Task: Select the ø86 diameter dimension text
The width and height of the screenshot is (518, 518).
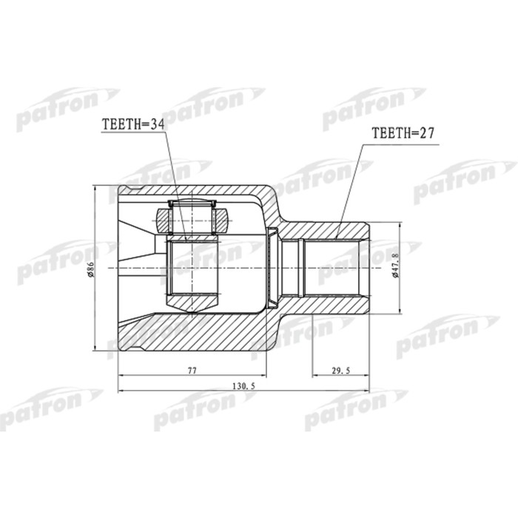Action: [90, 270]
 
